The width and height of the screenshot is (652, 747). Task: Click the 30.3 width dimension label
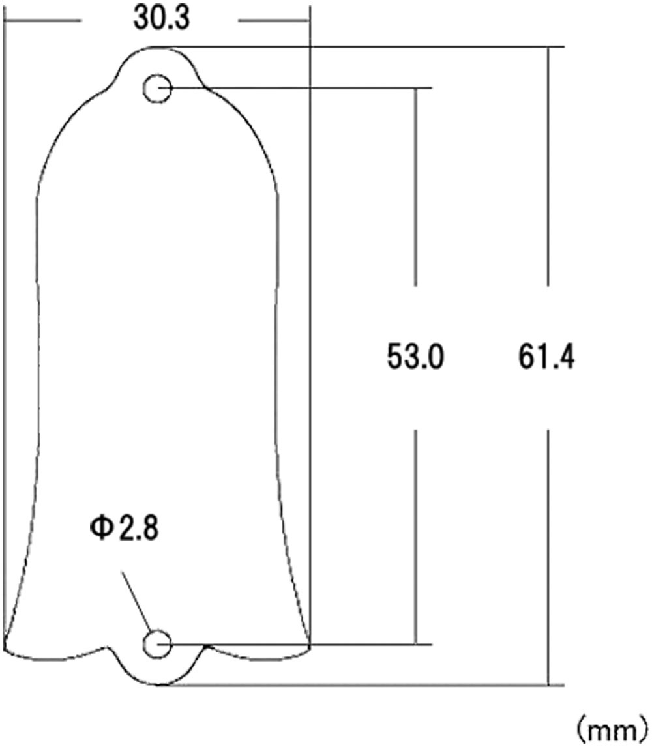[x=162, y=19]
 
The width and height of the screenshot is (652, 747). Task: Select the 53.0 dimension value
[x=415, y=357]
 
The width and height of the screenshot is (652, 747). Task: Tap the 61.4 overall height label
[x=547, y=357]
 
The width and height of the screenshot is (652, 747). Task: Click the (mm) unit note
[x=611, y=732]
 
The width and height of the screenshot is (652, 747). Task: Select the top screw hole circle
[x=156, y=89]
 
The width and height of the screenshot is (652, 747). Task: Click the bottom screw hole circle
[x=156, y=644]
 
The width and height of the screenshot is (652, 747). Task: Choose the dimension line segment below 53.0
[x=415, y=535]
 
